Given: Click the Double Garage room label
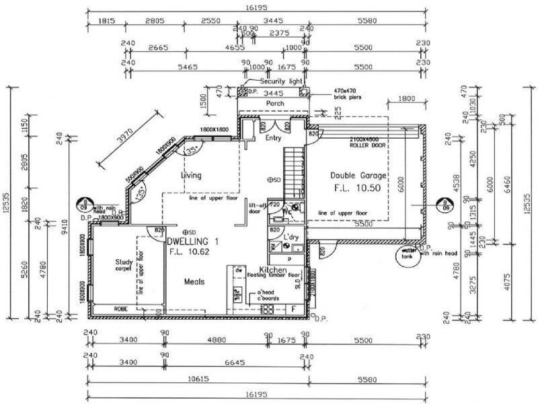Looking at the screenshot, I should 356,175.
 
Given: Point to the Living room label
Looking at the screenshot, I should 191,176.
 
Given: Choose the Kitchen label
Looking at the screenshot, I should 282,269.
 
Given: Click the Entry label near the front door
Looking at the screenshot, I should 272,138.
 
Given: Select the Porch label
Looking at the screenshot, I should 275,104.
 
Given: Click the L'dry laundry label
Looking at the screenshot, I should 291,238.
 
